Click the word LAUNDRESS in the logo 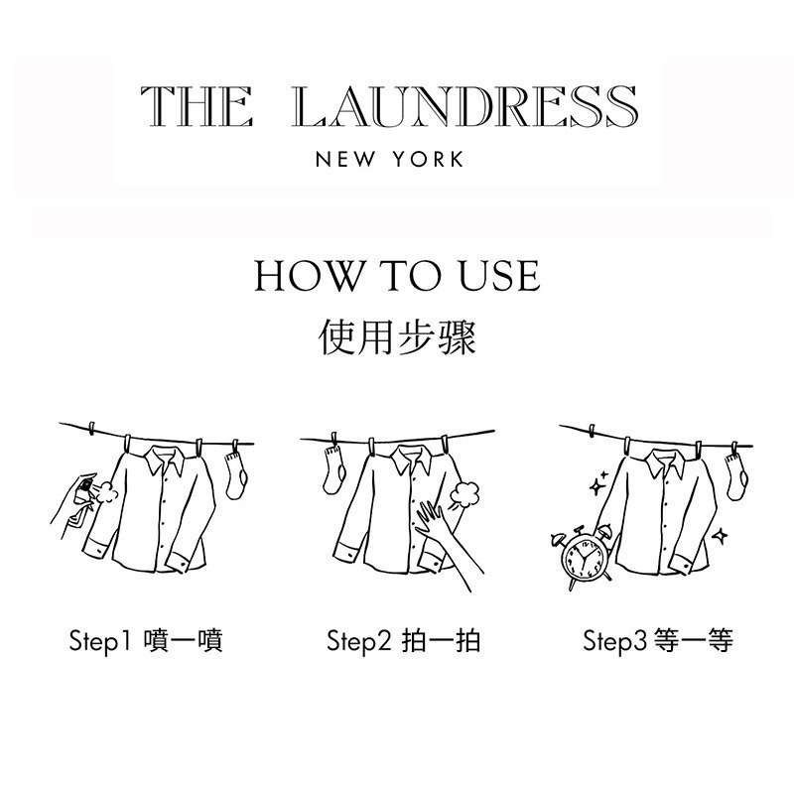[x=466, y=106]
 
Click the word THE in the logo [x=196, y=106]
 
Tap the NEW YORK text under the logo [x=389, y=160]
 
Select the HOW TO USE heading [x=397, y=276]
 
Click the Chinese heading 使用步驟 [x=397, y=336]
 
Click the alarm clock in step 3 [x=583, y=561]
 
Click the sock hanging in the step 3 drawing [x=735, y=476]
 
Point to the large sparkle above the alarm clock [x=597, y=486]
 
